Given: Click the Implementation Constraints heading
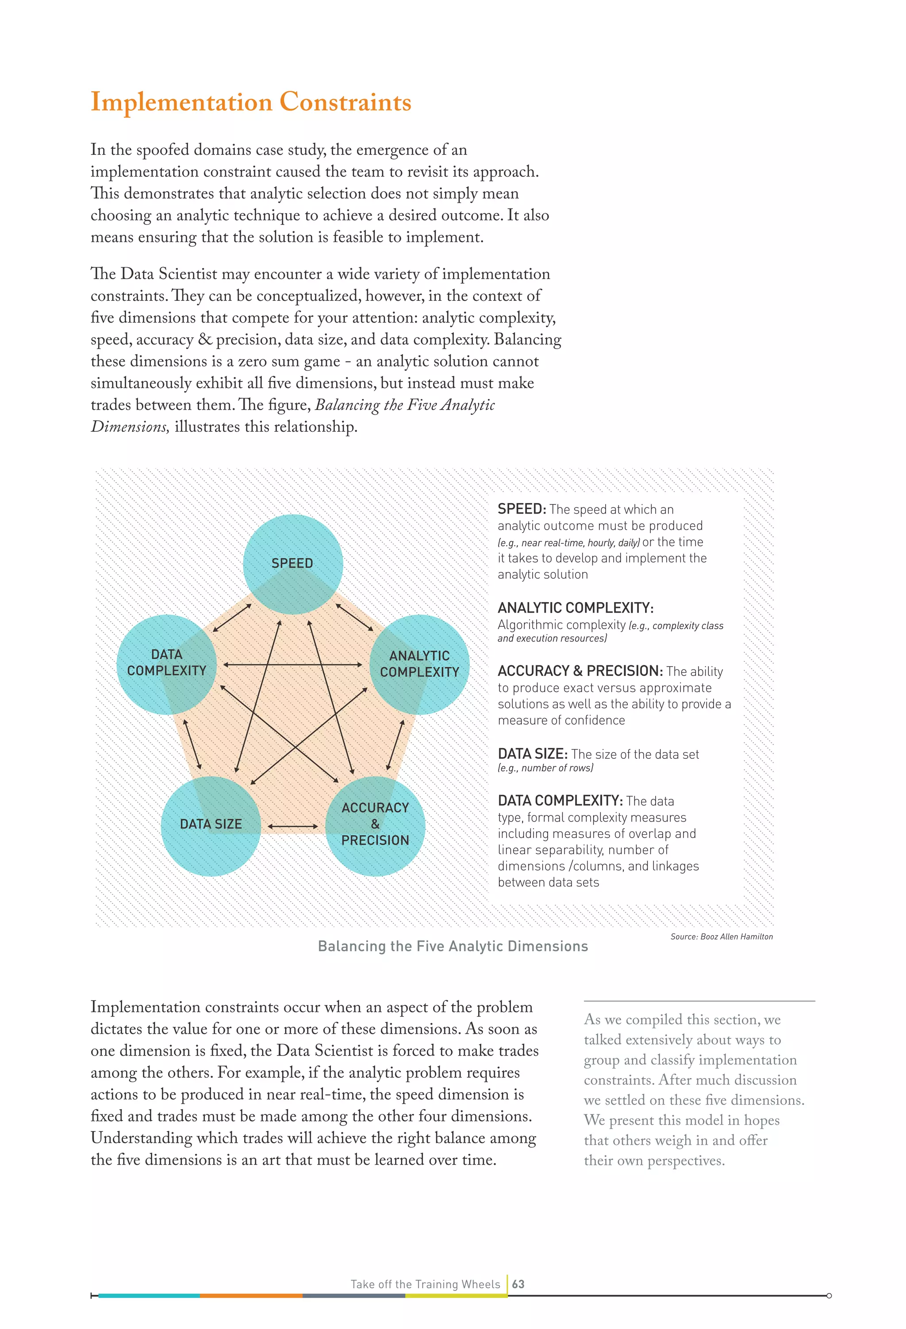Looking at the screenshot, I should coord(250,102).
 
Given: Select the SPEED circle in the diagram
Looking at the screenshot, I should coord(293,563).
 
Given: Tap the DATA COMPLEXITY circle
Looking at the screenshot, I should coord(166,663).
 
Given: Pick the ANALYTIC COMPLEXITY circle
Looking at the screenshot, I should coord(419,664).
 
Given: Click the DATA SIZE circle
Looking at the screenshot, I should coord(211,825).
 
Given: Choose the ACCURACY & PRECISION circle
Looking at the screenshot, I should coord(375,825).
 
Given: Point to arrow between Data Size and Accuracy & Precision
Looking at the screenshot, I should coord(293,826).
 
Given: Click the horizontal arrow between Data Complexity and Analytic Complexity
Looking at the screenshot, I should coord(293,664).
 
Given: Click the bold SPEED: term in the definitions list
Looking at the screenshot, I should coord(522,509).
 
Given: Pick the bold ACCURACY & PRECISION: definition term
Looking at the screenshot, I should coord(580,671).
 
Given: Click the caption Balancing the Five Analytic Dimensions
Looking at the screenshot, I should coord(453,946).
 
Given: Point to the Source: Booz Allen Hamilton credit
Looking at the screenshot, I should coord(721,937).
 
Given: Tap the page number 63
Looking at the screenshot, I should coord(518,1284).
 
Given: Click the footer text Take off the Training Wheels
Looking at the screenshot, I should coord(425,1284).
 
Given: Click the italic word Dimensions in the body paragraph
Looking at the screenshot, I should coord(129,426).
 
